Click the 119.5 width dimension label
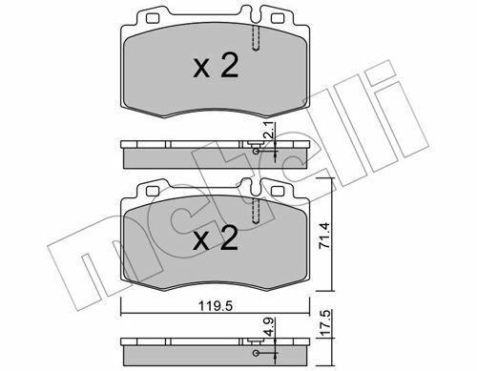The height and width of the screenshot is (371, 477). click(x=216, y=306)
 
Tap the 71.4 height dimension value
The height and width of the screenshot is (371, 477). click(x=325, y=236)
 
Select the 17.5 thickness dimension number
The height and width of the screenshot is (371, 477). click(x=325, y=323)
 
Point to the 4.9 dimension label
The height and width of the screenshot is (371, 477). click(x=269, y=327)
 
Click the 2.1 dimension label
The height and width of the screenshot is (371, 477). click(x=269, y=131)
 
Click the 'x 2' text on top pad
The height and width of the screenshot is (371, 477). click(x=216, y=66)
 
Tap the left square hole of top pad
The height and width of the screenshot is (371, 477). click(x=153, y=18)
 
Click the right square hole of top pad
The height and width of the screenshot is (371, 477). click(x=278, y=18)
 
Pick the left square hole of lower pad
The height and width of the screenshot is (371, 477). click(x=153, y=191)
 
